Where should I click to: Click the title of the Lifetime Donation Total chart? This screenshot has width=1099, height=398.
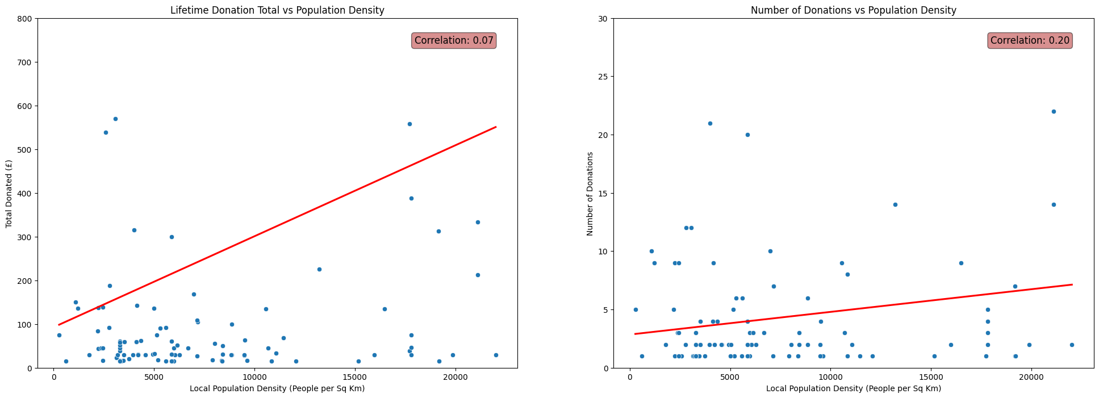[277, 10]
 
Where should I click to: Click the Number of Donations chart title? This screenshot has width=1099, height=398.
[853, 10]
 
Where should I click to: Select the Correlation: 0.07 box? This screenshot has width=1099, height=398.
[454, 40]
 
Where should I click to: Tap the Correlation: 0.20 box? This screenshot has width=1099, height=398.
[1030, 40]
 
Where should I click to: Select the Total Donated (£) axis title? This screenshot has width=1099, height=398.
[9, 194]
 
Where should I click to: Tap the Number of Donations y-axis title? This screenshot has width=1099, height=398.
[590, 194]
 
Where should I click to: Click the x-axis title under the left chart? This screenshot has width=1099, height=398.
[277, 388]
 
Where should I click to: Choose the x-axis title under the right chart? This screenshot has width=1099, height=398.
[853, 388]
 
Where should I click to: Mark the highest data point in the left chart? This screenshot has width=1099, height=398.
[115, 119]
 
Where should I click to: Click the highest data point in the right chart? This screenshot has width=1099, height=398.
[1054, 111]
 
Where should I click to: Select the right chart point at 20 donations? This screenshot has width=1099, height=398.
[747, 135]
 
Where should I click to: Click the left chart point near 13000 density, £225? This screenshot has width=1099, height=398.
[319, 269]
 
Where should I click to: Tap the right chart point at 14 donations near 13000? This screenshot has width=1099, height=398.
[895, 204]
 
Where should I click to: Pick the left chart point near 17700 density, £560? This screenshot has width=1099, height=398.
[409, 124]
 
